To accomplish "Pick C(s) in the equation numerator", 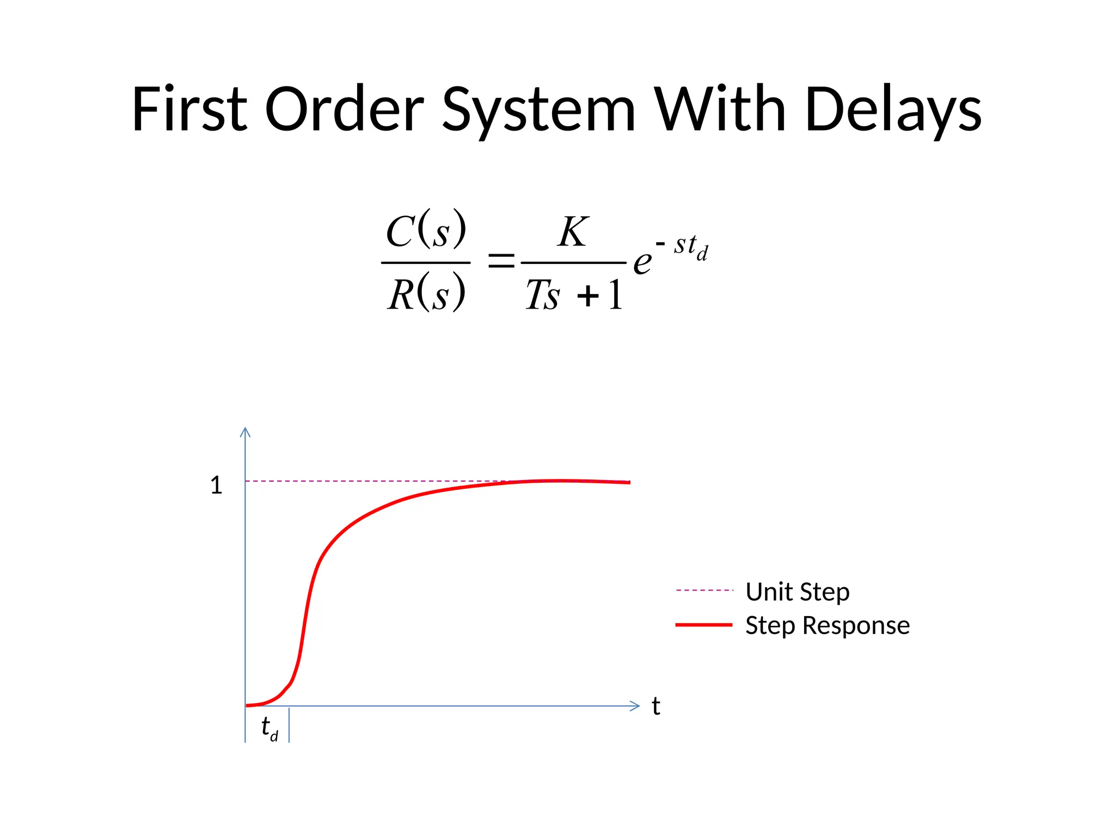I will point(426,230).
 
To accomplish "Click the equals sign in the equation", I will point(500,261).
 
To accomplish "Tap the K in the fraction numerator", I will point(573,232).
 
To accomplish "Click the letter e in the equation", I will point(642,263).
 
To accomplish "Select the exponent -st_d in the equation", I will point(683,247).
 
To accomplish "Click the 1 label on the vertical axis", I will point(216,485).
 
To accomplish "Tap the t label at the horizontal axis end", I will point(656,706).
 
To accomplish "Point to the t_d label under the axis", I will point(269,728).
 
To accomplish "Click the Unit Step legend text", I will point(797,592).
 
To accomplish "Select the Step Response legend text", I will point(827,625).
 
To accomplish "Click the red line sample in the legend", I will point(703,625).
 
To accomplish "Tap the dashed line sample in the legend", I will point(704,590).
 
